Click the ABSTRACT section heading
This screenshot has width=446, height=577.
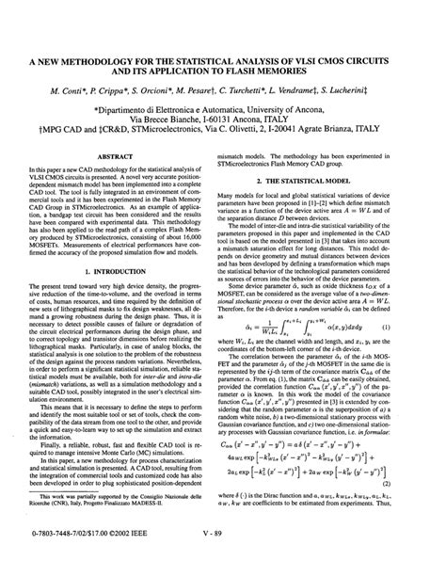113,156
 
